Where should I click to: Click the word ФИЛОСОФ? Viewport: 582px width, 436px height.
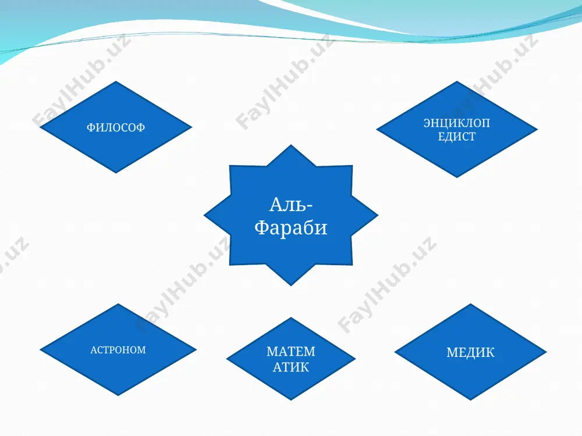116,127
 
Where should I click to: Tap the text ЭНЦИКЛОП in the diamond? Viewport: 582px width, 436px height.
456,123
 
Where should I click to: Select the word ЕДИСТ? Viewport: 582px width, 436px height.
456,137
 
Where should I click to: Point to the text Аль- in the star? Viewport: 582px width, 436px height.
291,205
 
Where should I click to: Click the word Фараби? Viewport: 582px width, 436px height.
291,227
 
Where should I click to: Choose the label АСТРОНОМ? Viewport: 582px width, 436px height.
118,350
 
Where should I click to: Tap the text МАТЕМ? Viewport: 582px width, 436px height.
291,351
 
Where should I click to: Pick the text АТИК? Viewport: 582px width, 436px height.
291,367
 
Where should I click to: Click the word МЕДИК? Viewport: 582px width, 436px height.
470,352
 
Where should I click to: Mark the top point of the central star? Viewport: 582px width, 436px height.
291,145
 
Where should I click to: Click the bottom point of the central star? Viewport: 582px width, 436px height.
291,286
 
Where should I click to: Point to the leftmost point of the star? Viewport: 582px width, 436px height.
204,215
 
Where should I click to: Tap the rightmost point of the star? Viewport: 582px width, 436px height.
378,215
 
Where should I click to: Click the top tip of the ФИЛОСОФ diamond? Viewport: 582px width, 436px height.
116,81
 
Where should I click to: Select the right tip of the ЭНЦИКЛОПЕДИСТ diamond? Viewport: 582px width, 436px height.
537,130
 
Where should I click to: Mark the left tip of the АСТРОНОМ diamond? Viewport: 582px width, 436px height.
40,349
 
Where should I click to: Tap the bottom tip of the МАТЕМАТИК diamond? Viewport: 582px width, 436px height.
291,401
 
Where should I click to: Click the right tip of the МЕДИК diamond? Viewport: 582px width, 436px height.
546,352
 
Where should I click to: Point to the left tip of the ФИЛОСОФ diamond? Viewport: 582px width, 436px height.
40,127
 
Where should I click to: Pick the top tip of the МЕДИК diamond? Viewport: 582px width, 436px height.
471,303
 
